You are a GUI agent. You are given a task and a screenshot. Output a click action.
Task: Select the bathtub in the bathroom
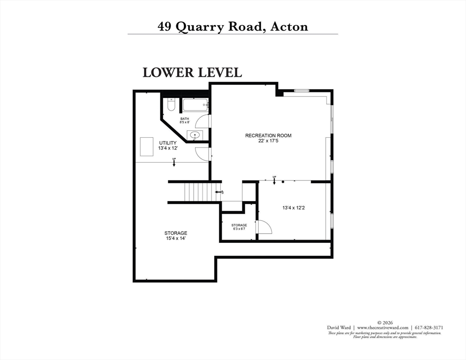coord(195,105)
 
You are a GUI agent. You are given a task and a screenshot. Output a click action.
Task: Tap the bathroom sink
coord(195,136)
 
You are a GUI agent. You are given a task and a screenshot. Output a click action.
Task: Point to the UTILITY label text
coord(167,142)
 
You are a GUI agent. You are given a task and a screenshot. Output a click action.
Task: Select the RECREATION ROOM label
coord(268,135)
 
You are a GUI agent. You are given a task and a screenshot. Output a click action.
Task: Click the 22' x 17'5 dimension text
coord(268,141)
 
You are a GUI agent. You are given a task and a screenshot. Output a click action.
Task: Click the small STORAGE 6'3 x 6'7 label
coord(239,227)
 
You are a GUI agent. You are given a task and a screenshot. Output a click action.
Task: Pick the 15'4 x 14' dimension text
coord(176,238)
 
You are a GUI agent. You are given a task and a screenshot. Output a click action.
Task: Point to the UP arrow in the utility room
coord(174,162)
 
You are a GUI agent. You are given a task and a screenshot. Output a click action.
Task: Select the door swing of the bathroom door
coord(203,121)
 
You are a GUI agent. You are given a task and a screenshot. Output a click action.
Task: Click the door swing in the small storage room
coord(264,227)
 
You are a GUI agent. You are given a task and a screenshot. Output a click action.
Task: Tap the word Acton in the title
coord(289,26)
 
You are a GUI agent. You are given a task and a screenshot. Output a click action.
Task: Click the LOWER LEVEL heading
coord(192,73)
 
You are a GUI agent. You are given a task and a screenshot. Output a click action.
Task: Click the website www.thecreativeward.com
coord(382,328)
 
